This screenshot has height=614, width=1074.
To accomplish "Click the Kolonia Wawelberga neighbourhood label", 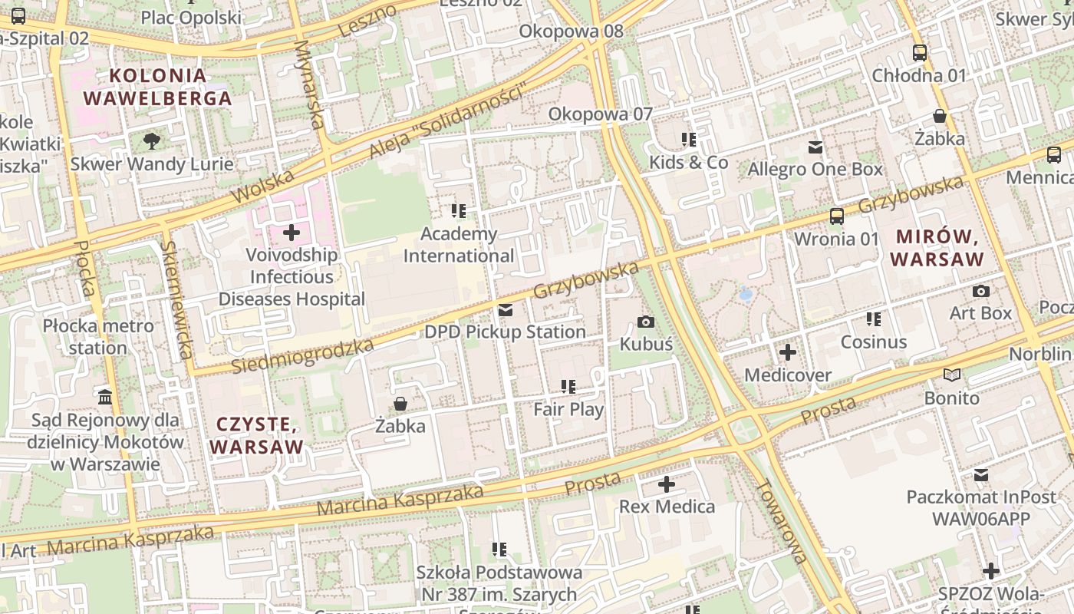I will coord(157,87).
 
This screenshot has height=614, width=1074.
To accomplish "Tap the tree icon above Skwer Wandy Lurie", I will coord(152,140).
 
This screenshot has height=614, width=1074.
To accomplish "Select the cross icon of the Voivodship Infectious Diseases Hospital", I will coord(292,232).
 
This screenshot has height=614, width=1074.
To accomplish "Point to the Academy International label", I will coord(459,245).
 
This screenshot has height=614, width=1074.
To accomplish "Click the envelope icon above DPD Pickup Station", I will coord(506,310).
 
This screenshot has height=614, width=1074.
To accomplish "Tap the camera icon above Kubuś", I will coord(646,322).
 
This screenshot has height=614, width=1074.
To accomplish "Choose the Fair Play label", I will coord(568,409).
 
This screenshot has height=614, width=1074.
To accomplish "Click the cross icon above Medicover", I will coord(788,352).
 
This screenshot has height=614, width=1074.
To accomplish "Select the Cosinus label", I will coord(874,342).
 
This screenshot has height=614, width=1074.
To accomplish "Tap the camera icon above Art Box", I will coord(980,291).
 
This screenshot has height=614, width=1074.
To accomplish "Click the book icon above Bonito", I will coord(952,375).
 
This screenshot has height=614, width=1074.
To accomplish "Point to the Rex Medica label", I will coord(667,507).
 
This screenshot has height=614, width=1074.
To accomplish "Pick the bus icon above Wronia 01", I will coord(836,216).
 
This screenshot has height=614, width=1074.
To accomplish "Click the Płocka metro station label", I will coord(97,337).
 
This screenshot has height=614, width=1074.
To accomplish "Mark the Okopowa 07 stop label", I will coord(600,114).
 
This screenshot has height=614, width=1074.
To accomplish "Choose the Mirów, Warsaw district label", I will coord(937,248).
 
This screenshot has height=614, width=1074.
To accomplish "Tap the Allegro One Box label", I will coord(815,169).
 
